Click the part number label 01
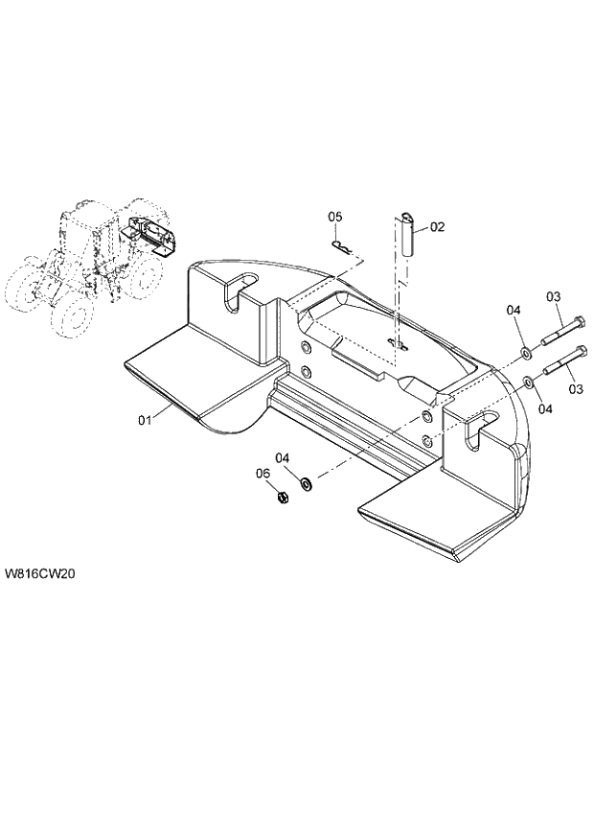(146, 420)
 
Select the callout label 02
(437, 227)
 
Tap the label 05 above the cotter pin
(335, 217)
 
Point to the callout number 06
(263, 473)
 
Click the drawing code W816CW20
(40, 574)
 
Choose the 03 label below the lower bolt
(575, 389)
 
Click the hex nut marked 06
(282, 498)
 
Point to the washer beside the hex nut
(307, 482)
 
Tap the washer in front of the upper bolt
(528, 352)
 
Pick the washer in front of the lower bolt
(529, 385)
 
